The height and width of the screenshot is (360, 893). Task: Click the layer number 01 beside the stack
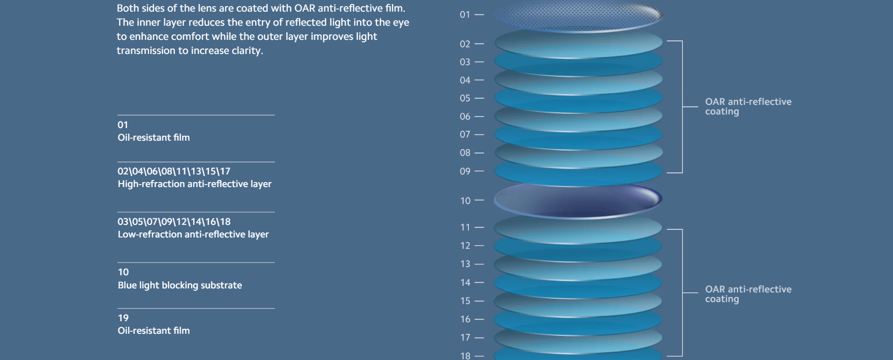click(x=464, y=15)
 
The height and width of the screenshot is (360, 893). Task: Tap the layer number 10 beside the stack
click(x=465, y=201)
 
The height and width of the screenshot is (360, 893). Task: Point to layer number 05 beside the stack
click(x=464, y=98)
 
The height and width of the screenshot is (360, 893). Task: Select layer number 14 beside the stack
click(x=465, y=283)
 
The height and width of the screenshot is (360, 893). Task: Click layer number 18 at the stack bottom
click(x=465, y=355)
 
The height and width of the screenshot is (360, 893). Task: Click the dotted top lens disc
click(x=578, y=16)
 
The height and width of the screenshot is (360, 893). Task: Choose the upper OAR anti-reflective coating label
click(x=748, y=106)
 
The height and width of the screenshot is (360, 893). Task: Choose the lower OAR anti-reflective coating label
click(x=748, y=294)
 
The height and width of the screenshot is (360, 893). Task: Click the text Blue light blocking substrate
click(x=180, y=285)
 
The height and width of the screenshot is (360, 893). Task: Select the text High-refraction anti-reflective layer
click(x=194, y=184)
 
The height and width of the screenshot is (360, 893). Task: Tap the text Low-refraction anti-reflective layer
click(x=193, y=234)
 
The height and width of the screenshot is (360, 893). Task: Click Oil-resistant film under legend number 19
click(x=153, y=331)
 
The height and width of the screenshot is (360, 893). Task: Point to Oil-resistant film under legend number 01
click(x=153, y=138)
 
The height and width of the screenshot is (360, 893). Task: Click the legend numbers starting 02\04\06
click(x=174, y=171)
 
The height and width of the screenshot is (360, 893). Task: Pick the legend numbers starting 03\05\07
click(x=174, y=222)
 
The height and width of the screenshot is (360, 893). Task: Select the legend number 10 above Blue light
click(x=123, y=272)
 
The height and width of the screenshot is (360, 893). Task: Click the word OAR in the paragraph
click(x=305, y=9)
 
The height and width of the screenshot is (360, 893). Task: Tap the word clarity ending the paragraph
click(x=247, y=51)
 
